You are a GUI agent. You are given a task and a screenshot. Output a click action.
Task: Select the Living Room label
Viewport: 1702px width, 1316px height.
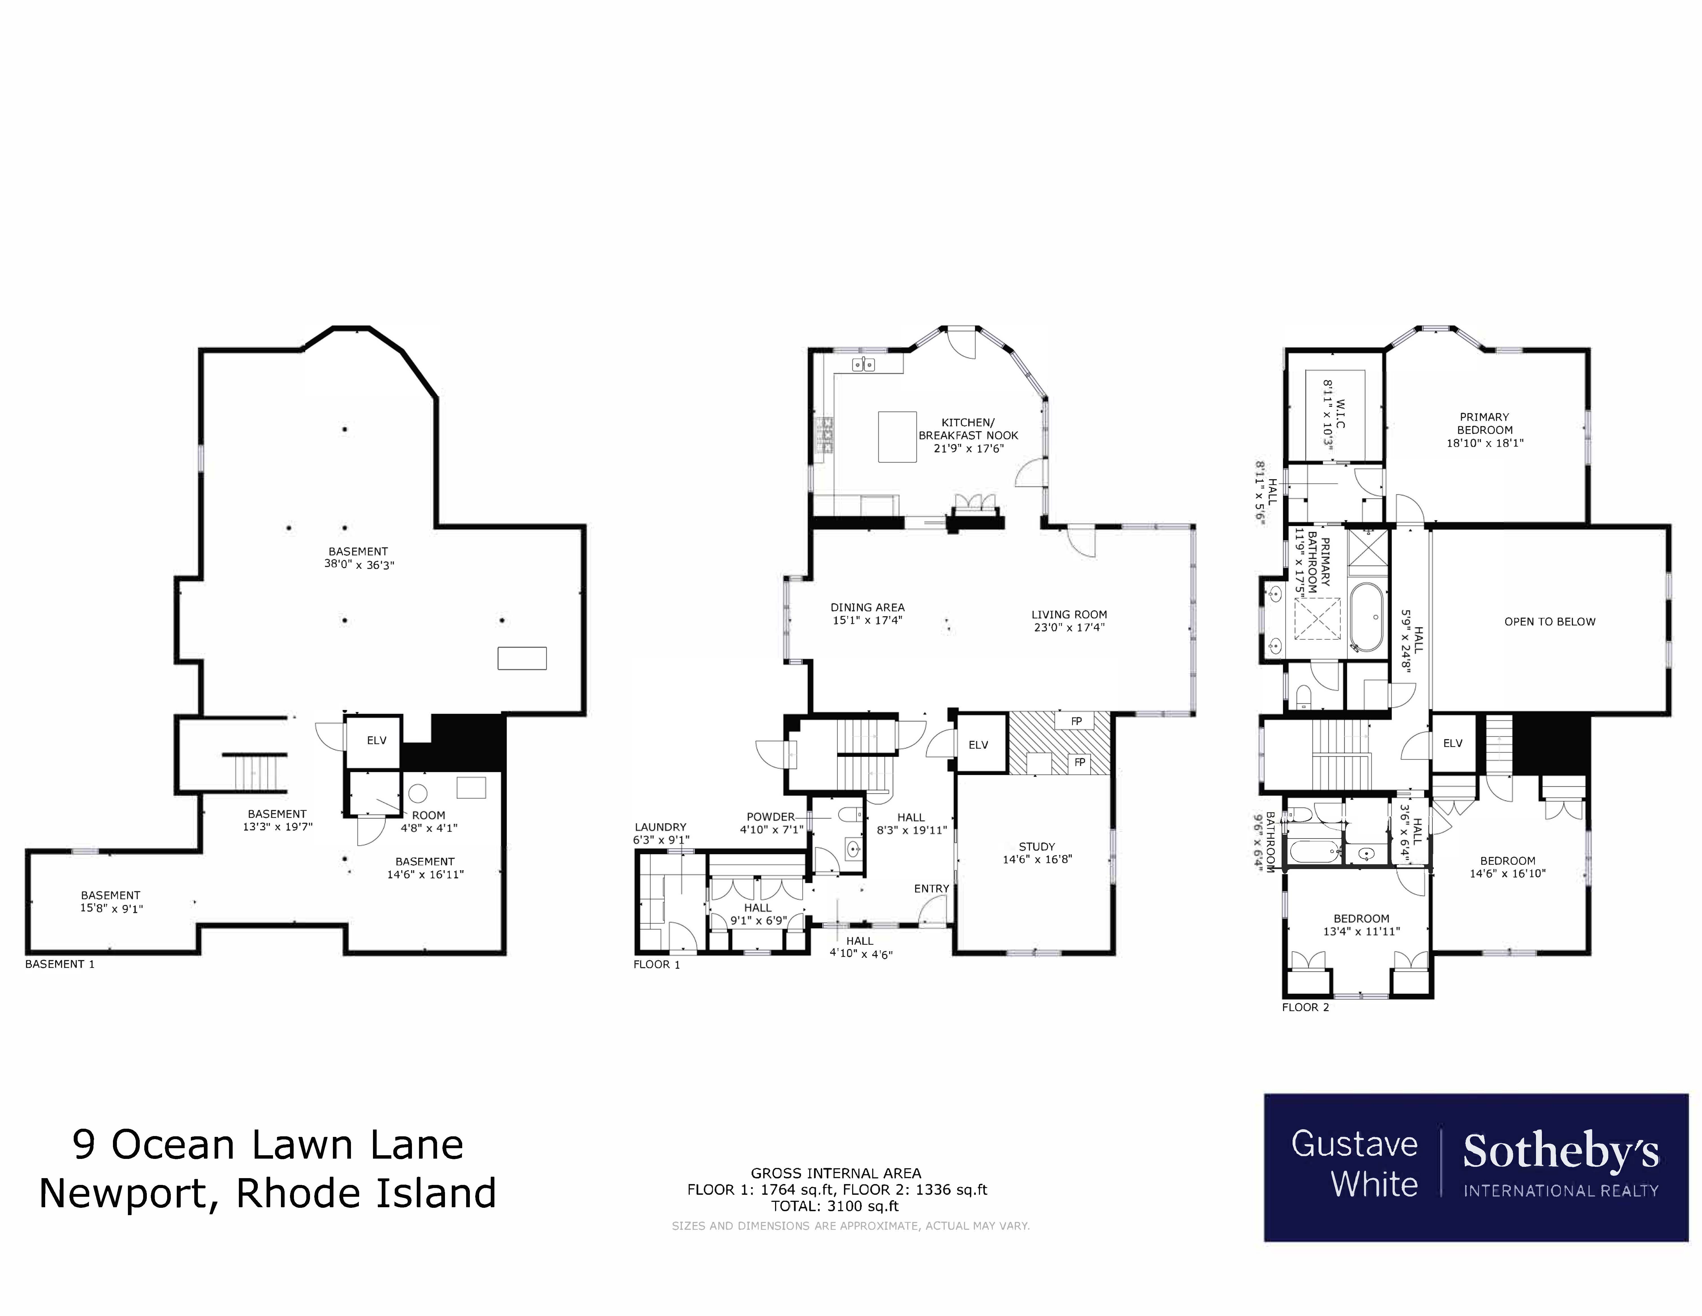click(x=1069, y=614)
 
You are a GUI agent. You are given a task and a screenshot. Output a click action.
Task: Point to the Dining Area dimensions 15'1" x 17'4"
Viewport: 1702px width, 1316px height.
click(x=867, y=621)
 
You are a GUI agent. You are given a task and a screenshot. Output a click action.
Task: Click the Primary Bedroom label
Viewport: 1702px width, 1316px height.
click(x=1485, y=423)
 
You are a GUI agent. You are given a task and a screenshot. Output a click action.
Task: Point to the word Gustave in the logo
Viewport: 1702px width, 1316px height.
click(x=1354, y=1145)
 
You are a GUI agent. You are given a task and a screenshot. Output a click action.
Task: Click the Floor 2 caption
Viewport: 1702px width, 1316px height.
click(x=1305, y=1007)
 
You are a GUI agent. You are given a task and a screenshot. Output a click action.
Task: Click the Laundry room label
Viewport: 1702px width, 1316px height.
click(x=660, y=827)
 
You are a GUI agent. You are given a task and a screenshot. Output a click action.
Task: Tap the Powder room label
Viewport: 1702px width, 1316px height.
click(x=771, y=817)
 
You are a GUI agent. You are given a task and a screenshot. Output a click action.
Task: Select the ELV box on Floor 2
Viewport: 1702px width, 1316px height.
click(x=1453, y=743)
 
